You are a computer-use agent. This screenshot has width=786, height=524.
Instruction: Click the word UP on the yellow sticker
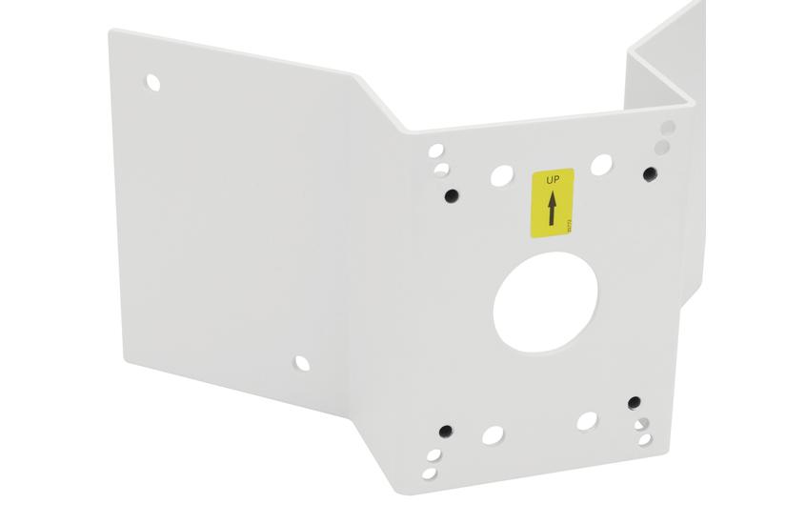(551, 178)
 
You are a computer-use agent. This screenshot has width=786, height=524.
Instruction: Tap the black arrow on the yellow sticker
(551, 209)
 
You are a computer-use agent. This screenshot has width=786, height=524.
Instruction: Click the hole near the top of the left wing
(153, 83)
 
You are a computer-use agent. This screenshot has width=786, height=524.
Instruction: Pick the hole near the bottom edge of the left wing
(301, 363)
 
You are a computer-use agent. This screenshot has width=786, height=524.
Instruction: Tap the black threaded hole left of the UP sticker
(452, 195)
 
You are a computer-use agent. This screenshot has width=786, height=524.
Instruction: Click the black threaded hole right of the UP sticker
(650, 173)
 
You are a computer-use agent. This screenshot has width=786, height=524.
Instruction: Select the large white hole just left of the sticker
(501, 175)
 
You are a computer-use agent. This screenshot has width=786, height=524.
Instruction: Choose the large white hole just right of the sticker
(601, 165)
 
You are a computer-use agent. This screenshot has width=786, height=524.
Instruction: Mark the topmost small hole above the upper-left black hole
(435, 151)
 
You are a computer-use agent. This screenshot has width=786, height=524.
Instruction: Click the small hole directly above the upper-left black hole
(441, 171)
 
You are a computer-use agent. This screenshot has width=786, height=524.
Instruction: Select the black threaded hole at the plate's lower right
(635, 403)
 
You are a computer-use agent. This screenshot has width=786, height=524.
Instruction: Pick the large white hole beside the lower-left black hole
(493, 435)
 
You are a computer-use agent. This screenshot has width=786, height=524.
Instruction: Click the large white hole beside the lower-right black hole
(587, 420)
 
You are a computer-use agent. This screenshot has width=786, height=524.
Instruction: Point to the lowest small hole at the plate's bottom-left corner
(429, 473)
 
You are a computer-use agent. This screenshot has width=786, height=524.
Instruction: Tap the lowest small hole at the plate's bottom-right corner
(645, 440)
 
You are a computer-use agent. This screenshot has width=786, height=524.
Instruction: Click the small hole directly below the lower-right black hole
(641, 424)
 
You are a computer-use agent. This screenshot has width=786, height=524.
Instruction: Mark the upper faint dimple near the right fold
(668, 128)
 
